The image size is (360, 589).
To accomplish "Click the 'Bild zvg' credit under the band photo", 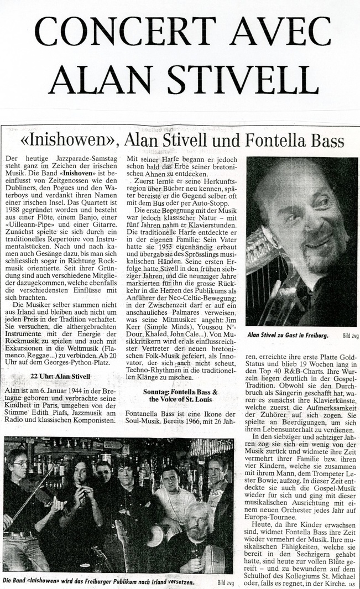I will [224, 583].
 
